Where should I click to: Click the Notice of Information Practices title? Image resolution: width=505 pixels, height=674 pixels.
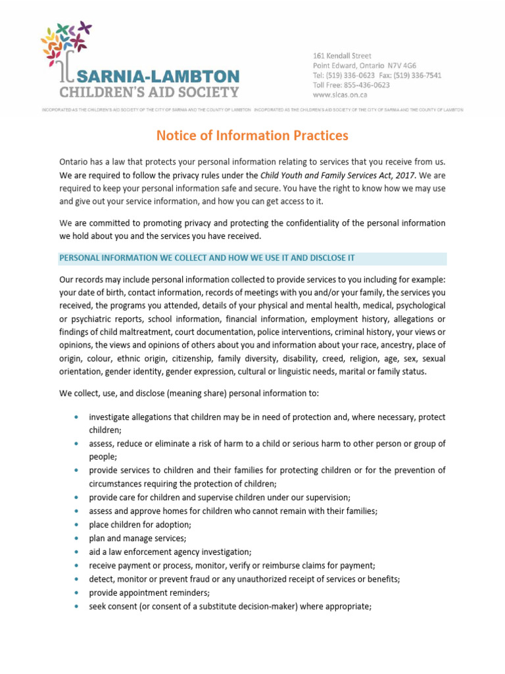(x=252, y=136)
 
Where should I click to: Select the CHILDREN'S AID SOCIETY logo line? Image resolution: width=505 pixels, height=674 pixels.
(x=149, y=91)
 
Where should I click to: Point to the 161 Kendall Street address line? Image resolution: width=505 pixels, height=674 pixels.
(x=341, y=56)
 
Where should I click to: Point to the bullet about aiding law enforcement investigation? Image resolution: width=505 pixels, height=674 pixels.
(x=170, y=552)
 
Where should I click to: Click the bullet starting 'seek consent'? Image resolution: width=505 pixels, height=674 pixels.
(x=230, y=607)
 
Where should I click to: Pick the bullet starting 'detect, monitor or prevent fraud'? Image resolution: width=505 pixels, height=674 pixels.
(x=245, y=579)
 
